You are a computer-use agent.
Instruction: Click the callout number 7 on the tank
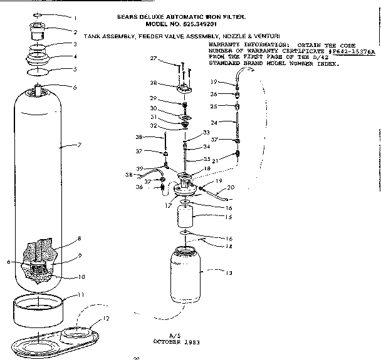tap(80, 145)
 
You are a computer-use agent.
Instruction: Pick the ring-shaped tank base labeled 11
tap(38, 307)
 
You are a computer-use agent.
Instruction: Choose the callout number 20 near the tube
tap(230, 187)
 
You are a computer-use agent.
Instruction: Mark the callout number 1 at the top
tap(76, 18)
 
